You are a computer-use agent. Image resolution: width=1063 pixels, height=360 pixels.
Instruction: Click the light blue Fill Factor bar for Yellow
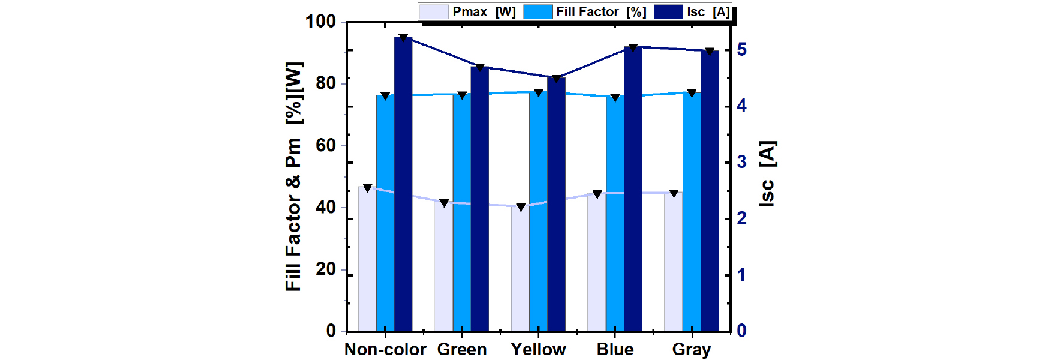[x=538, y=211]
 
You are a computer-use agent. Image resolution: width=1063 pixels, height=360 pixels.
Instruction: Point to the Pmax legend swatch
[x=433, y=12]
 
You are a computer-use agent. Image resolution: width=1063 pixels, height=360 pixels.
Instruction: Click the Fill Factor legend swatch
[x=537, y=12]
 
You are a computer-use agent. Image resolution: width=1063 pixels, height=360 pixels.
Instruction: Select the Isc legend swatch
[x=668, y=12]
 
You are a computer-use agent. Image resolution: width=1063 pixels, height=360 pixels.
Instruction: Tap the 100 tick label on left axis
[x=320, y=22]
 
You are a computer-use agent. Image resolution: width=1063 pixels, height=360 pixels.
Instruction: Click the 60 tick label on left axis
[x=325, y=145]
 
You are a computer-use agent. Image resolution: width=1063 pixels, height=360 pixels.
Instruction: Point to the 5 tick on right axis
[x=741, y=49]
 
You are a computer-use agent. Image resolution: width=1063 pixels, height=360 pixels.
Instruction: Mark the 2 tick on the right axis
[x=741, y=218]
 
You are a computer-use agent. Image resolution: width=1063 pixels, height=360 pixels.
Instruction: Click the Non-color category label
[x=385, y=349]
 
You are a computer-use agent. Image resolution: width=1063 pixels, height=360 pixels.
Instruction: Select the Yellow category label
[x=538, y=349]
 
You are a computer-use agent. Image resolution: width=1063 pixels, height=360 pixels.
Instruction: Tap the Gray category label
[x=692, y=349]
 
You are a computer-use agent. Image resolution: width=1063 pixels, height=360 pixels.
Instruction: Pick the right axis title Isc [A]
[x=767, y=174]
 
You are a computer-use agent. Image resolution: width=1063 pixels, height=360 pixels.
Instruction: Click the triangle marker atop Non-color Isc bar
[x=403, y=38]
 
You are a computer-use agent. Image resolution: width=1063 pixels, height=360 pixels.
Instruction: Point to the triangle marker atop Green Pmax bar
[x=444, y=203]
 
